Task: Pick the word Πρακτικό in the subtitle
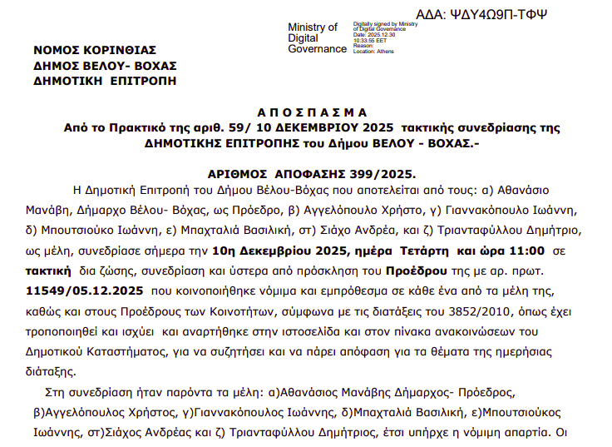point(141,128)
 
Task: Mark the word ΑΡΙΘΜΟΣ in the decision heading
point(235,174)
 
